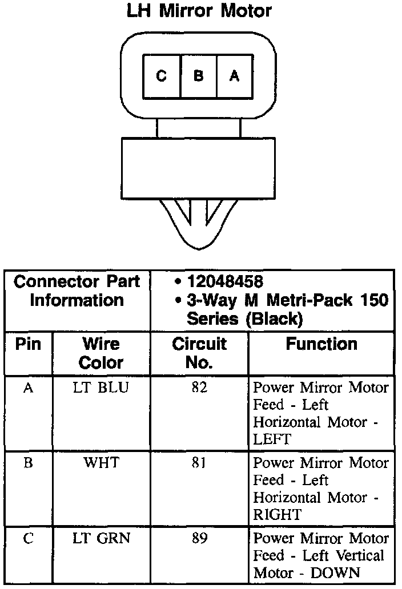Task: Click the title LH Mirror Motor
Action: click(199, 11)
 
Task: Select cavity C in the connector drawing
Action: click(162, 75)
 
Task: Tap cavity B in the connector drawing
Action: click(198, 75)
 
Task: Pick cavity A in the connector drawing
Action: click(234, 75)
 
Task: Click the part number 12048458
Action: click(225, 281)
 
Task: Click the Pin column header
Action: click(28, 345)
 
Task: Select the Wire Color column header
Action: click(101, 353)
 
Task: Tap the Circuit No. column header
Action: click(199, 353)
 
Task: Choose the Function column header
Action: click(321, 344)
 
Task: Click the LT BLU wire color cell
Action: click(101, 388)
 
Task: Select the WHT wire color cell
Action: click(101, 462)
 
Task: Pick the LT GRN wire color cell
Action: click(101, 538)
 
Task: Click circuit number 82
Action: click(199, 388)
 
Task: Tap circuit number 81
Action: click(199, 463)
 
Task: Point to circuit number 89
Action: click(199, 538)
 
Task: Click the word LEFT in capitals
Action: click(272, 439)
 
